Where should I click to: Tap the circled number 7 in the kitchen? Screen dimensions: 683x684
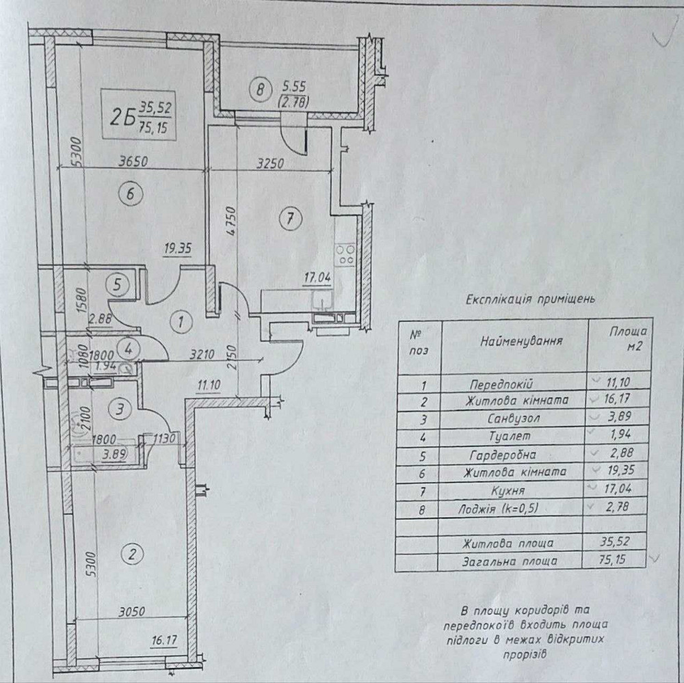pos(290,219)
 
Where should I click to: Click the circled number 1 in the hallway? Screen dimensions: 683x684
pos(180,321)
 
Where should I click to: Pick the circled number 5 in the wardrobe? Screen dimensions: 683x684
pos(118,284)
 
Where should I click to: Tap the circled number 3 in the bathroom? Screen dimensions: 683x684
pos(120,410)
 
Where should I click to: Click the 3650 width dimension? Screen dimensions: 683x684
pos(133,163)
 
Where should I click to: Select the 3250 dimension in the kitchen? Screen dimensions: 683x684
pos(271,163)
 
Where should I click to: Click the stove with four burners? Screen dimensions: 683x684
pos(345,254)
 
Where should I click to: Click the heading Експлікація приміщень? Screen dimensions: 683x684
pos(530,299)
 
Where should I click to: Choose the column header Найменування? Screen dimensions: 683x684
pos(521,340)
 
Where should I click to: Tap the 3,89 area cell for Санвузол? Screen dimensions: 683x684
pos(617,418)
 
